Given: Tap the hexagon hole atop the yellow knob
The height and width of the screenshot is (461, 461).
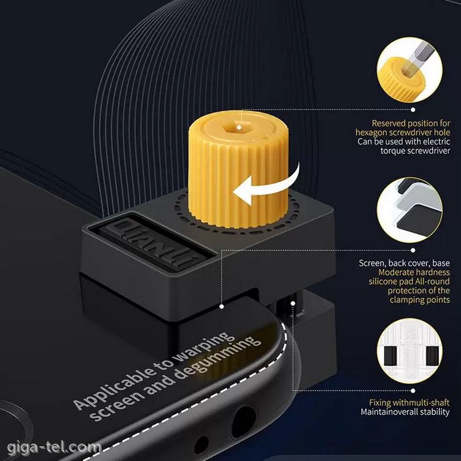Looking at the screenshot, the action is [239, 127].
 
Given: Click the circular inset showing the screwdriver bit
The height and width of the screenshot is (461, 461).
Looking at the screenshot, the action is [409, 70].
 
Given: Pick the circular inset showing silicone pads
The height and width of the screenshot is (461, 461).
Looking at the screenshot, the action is [409, 210].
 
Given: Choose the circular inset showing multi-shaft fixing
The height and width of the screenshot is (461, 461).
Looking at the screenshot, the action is [409, 351].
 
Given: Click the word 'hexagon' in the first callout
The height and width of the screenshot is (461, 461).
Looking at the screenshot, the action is [372, 132].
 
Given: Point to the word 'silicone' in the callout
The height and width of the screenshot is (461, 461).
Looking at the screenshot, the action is [383, 282].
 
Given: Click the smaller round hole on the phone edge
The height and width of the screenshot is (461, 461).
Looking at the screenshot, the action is [201, 445].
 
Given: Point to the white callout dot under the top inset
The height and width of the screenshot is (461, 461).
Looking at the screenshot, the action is [413, 110].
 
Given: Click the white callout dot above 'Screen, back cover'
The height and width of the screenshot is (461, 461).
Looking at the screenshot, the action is [413, 250].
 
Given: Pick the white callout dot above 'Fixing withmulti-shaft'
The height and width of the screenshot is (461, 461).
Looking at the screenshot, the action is [413, 391].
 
